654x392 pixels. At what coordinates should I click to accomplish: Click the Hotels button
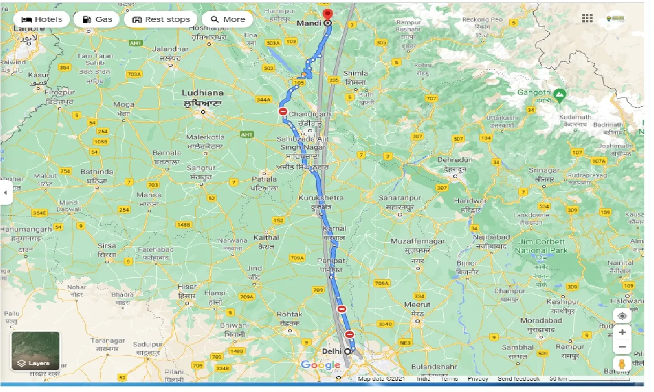(x=42, y=19)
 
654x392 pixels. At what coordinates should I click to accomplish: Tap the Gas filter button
(x=97, y=19)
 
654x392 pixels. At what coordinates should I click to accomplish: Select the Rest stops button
(x=161, y=19)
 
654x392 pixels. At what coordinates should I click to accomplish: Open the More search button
(x=228, y=19)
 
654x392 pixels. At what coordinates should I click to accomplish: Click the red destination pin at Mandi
(x=328, y=14)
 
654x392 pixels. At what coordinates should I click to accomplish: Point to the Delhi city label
(x=332, y=351)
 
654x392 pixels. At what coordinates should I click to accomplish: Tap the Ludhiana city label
(x=203, y=93)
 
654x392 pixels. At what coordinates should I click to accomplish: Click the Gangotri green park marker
(x=560, y=94)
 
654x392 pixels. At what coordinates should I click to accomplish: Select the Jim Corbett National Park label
(x=541, y=246)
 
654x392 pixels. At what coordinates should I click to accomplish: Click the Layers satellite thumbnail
(x=35, y=351)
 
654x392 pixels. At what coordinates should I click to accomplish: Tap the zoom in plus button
(x=622, y=332)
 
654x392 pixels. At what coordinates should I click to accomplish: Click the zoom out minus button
(x=622, y=347)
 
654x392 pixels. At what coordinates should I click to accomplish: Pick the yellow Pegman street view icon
(x=622, y=364)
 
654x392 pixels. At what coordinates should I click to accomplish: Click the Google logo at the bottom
(x=320, y=364)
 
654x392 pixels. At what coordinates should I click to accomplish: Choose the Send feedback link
(x=519, y=379)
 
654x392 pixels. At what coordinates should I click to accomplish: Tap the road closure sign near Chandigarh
(x=283, y=111)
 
